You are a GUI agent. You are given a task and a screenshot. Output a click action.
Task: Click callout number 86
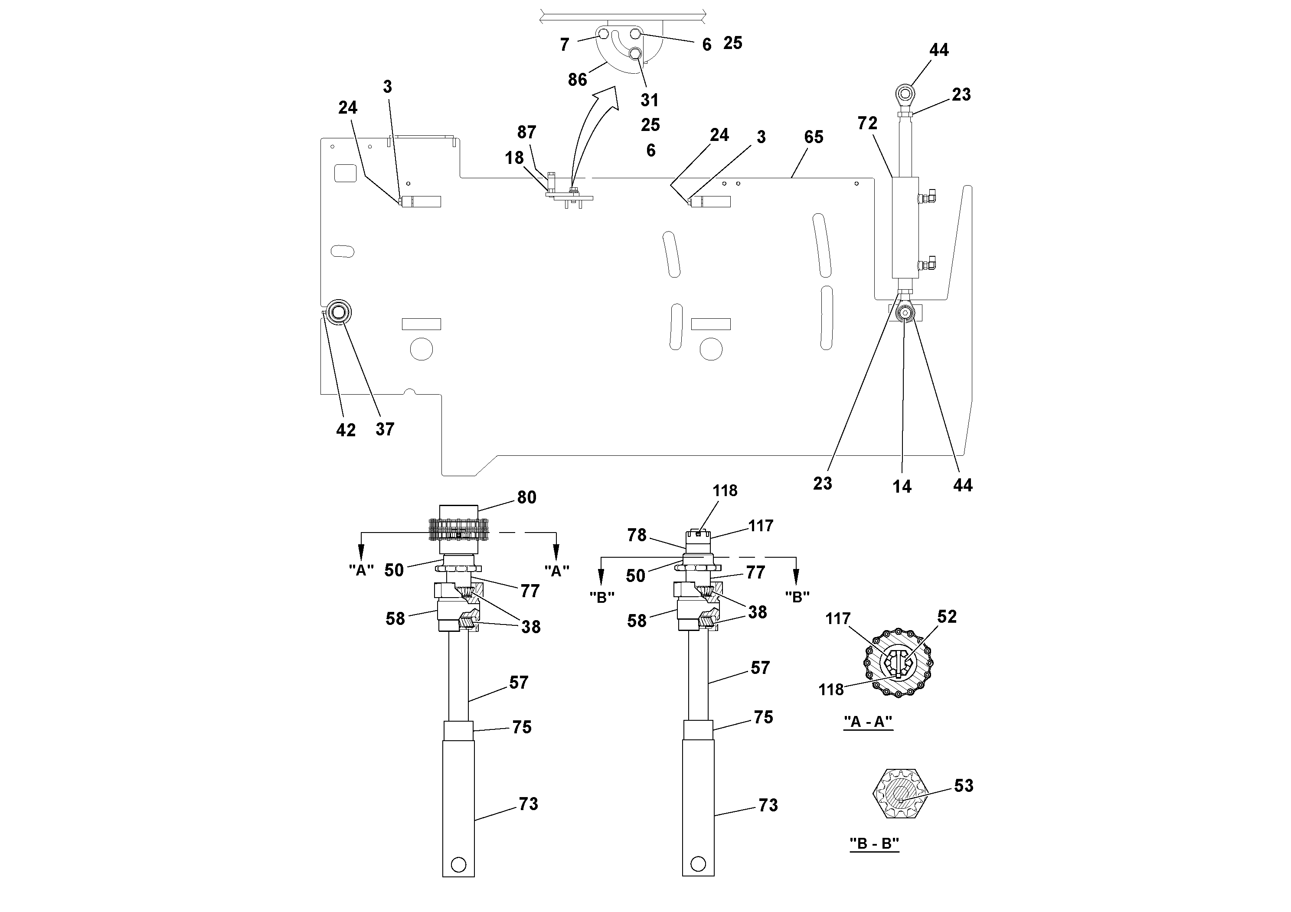pos(577,80)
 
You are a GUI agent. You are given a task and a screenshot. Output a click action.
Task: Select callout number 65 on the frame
pos(814,137)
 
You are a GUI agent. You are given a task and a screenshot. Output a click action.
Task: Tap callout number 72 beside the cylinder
pos(867,123)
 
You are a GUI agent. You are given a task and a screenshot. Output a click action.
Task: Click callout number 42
pos(346,430)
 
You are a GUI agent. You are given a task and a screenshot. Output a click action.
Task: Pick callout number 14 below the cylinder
pos(902,487)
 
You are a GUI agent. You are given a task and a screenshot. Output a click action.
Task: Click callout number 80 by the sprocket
pos(526,497)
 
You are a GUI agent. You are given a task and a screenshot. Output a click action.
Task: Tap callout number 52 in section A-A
pos(946,617)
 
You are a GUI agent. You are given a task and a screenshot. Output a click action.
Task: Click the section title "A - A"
pos(868,722)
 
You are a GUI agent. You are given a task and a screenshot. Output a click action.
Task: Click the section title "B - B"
pos(874,843)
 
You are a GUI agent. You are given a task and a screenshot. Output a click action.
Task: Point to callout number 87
pos(526,132)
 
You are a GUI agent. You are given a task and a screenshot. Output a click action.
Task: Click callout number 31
pos(650,100)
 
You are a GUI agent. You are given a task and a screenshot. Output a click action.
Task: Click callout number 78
pos(637,535)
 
